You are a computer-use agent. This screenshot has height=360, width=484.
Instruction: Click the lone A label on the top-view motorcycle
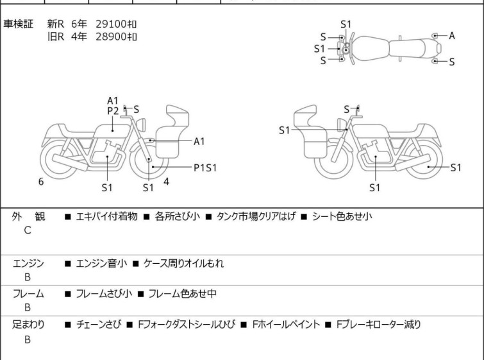point(452,36)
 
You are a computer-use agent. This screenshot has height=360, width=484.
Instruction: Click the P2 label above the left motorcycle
point(113,110)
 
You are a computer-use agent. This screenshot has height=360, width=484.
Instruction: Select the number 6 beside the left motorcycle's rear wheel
point(41,182)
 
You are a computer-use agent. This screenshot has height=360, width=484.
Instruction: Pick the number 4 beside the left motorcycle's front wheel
point(166,182)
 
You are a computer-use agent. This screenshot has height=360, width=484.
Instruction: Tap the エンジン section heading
point(28,263)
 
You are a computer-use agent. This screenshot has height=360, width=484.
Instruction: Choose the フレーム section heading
point(28,294)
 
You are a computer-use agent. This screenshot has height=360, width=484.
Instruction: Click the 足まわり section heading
point(28,325)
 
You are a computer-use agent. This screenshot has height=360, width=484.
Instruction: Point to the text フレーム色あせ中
point(182,294)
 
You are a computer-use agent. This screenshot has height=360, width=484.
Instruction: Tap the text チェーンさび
point(97,325)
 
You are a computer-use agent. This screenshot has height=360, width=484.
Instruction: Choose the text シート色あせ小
point(341,217)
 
